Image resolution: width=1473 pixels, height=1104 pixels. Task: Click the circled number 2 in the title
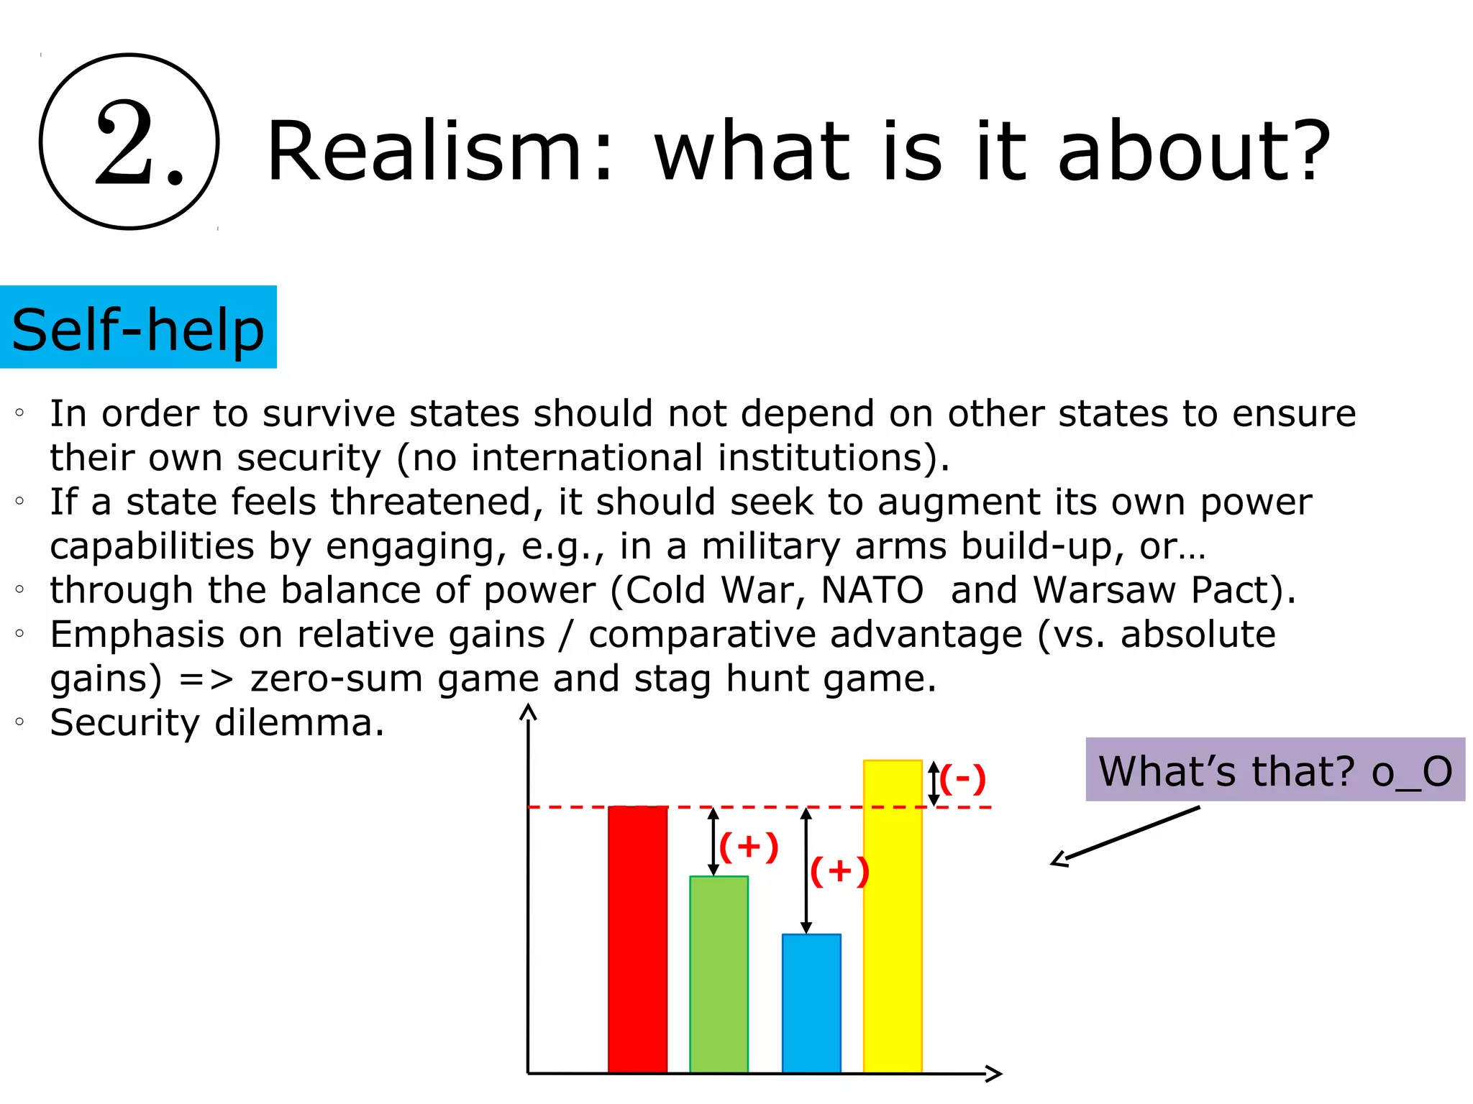(129, 142)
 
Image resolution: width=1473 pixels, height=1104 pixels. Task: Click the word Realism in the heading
(424, 151)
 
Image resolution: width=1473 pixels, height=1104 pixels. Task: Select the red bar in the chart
(637, 939)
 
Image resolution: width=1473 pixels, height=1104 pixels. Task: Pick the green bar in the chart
(719, 974)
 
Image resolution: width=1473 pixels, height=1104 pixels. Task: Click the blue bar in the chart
(811, 1003)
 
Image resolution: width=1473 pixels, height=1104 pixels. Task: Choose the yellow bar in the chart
(893, 916)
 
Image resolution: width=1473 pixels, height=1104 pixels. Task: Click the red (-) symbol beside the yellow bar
(962, 779)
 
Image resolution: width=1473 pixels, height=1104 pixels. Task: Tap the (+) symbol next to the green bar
(749, 847)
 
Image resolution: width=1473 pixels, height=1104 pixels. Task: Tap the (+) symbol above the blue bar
(839, 872)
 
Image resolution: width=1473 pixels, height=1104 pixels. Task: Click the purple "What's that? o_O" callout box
(1274, 770)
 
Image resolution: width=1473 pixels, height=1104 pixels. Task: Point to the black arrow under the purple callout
(1126, 836)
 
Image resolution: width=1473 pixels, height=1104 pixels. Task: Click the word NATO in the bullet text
(872, 590)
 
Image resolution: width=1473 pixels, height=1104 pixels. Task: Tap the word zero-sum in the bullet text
(336, 678)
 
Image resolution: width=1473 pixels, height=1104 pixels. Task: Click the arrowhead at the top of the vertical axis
(529, 712)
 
